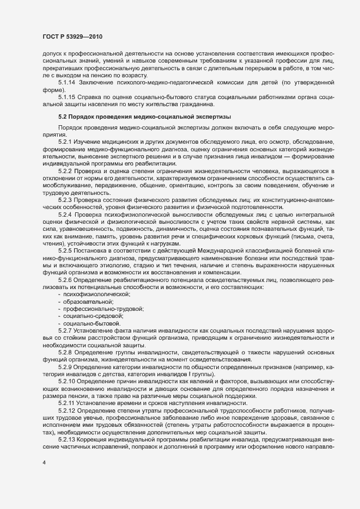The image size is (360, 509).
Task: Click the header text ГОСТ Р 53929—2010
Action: [72, 36]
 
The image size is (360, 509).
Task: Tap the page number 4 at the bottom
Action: [44, 463]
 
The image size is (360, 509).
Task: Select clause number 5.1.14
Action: [67, 82]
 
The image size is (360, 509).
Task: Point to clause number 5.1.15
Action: [67, 97]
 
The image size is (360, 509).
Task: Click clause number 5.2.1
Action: [65, 142]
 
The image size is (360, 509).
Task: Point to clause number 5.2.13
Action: [67, 439]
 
